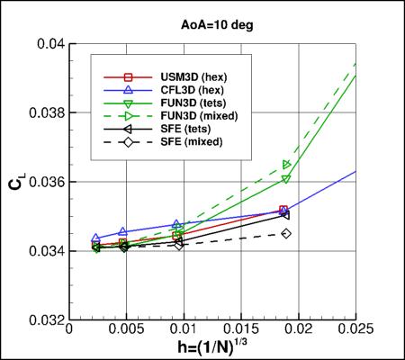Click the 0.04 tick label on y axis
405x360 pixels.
[x=50, y=44]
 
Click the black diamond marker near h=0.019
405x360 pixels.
[x=286, y=233]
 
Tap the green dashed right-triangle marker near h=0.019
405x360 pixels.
[x=287, y=165]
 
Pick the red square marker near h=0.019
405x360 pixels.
[x=283, y=211]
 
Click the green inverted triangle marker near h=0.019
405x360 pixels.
[x=286, y=179]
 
